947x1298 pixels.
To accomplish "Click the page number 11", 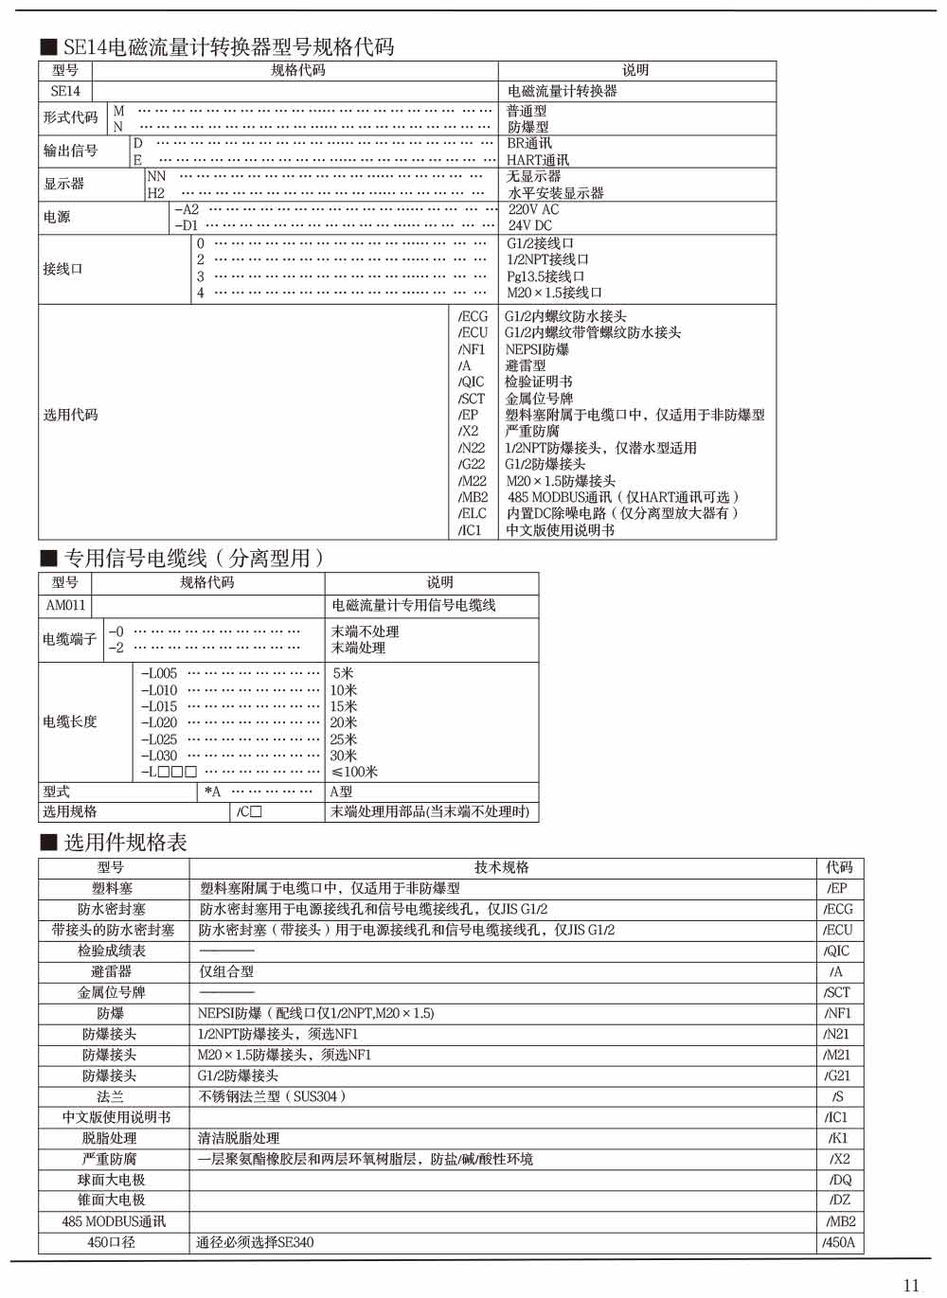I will click(x=911, y=1284).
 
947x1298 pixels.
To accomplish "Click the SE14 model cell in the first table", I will click(x=65, y=92).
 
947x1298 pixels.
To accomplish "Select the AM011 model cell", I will click(x=65, y=605).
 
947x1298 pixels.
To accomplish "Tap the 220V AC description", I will click(x=533, y=209).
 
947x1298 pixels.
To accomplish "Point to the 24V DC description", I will click(x=529, y=225).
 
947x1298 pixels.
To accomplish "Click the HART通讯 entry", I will click(x=538, y=160).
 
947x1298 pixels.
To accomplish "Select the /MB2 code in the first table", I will click(x=473, y=497).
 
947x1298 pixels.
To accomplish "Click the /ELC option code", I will click(x=473, y=513).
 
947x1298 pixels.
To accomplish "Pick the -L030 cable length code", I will click(x=159, y=756).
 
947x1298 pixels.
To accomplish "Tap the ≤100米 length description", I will click(x=354, y=772).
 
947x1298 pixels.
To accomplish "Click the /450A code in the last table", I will click(x=838, y=1242).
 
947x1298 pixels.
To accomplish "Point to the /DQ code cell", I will click(x=840, y=1180).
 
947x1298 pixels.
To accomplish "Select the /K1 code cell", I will click(x=838, y=1138).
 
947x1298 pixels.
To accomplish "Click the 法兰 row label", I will click(x=110, y=1096).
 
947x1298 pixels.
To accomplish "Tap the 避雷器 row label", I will click(x=111, y=971).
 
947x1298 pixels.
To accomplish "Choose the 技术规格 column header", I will click(x=502, y=867).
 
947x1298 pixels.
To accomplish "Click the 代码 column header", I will click(x=839, y=867).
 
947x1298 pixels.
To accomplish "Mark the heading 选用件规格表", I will click(x=125, y=842).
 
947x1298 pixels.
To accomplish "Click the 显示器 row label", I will click(x=64, y=184).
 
